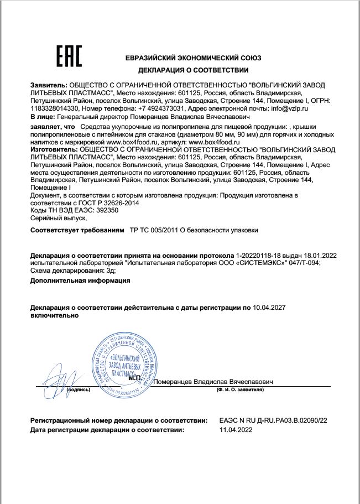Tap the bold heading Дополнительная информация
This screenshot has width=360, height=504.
(80, 280)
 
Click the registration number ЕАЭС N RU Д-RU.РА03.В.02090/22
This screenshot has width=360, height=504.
(273, 421)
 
